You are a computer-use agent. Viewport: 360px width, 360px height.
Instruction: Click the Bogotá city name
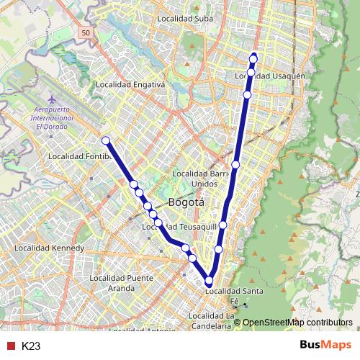(186, 203)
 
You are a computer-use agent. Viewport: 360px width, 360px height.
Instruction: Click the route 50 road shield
(86, 33)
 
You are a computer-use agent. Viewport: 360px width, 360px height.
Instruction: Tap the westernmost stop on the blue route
(106, 140)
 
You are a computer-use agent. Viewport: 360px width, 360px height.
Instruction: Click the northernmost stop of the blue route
(253, 58)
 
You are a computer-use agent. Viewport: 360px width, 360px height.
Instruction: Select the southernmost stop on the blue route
(210, 281)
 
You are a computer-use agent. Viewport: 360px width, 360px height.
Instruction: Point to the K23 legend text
(30, 346)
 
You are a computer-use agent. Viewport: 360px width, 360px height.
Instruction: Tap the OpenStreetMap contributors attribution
(297, 323)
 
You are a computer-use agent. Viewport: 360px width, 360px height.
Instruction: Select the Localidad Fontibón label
(77, 156)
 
